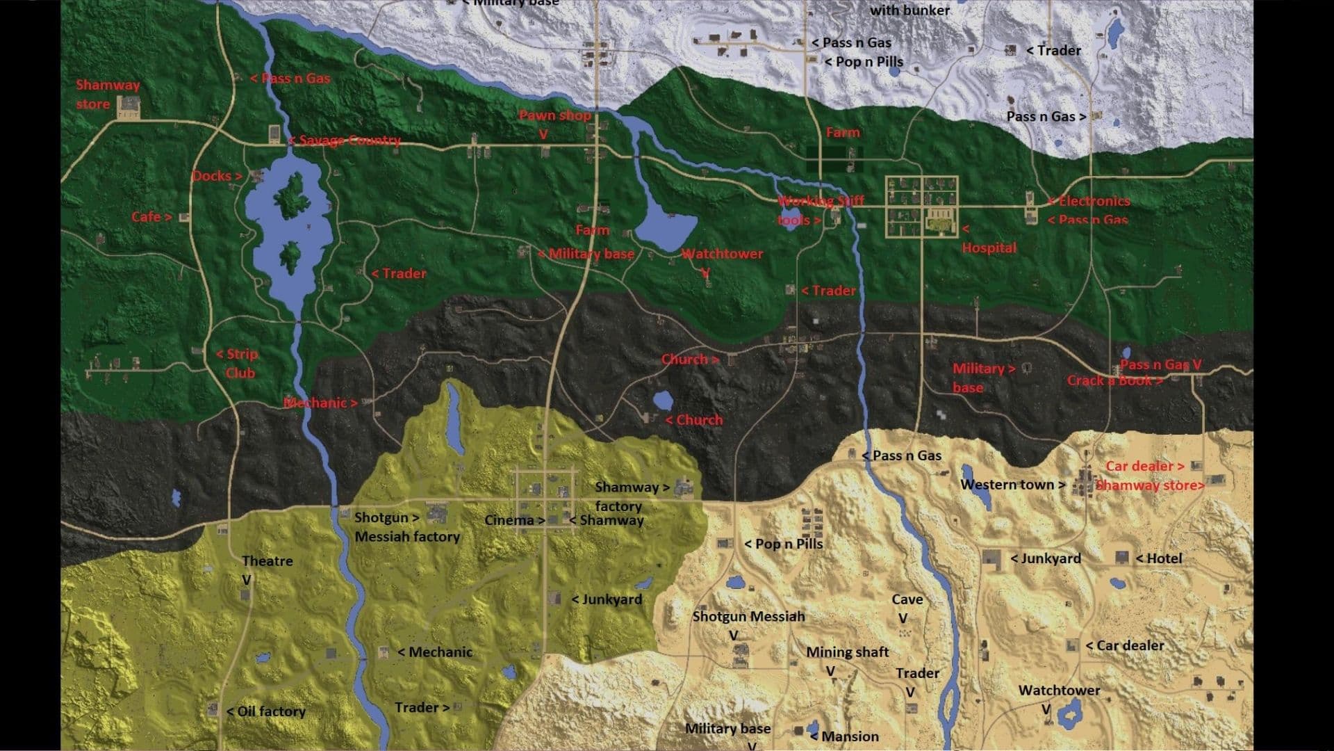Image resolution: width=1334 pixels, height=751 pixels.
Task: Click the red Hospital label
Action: pyautogui.click(x=989, y=248)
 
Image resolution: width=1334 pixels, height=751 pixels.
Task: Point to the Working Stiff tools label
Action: pyautogui.click(x=820, y=210)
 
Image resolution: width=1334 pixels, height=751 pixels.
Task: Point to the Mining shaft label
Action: pyautogui.click(x=847, y=652)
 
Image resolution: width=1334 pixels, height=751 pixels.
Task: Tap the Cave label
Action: pyautogui.click(x=907, y=599)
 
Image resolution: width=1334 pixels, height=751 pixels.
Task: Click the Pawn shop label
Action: pyautogui.click(x=554, y=115)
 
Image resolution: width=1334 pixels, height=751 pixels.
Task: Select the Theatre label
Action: pyautogui.click(x=267, y=561)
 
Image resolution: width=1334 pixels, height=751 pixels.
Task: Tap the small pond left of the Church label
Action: pyautogui.click(x=662, y=400)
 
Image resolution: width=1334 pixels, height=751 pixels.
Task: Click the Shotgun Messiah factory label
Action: pyautogui.click(x=406, y=527)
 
